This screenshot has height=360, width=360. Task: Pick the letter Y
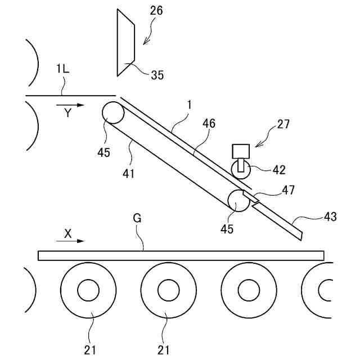[x=67, y=113]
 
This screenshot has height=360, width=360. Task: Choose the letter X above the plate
[x=67, y=233]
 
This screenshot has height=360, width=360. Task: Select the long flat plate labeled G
[x=181, y=255]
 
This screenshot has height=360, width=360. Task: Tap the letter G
[x=137, y=218]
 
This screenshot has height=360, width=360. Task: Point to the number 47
[x=289, y=191]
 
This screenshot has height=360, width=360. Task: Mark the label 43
[x=330, y=215]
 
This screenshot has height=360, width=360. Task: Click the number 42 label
[x=279, y=169]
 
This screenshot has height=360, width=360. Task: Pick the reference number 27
[x=283, y=124]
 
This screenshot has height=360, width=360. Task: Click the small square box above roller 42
[x=241, y=151]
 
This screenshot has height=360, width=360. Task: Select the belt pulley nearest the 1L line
[x=113, y=112]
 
